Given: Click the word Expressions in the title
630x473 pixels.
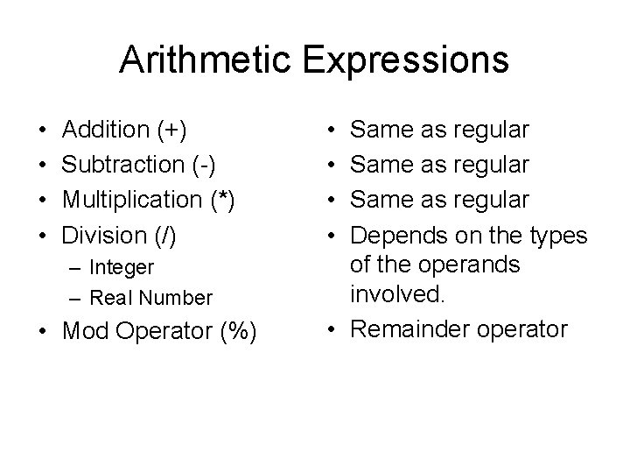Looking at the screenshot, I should pos(408,60).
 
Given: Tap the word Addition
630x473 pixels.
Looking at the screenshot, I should pos(107,131).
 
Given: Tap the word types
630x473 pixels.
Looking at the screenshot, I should pos(558,235).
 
